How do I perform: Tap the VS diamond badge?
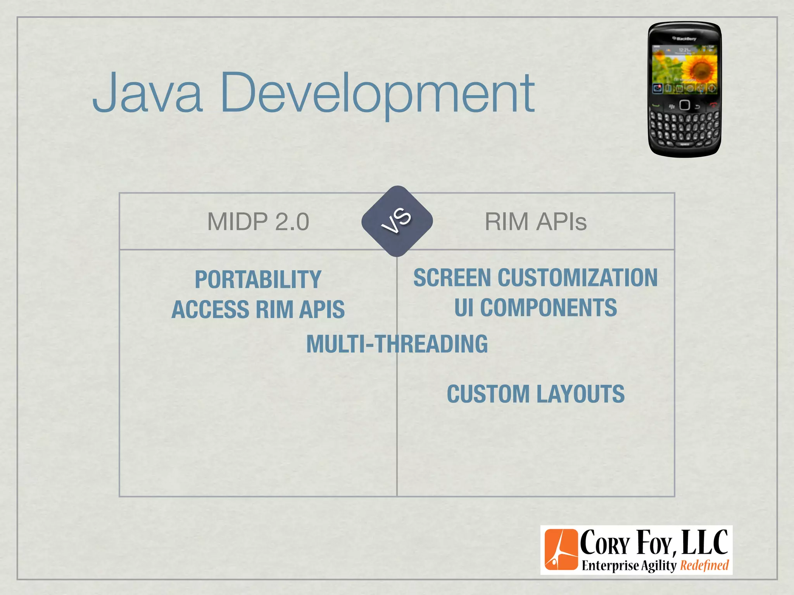(x=397, y=221)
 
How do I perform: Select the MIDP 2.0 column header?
(x=258, y=222)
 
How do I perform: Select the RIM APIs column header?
(x=535, y=222)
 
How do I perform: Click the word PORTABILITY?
(x=258, y=280)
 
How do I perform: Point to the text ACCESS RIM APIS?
(x=258, y=310)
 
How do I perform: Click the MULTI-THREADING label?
(x=397, y=344)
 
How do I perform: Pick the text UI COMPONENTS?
(x=535, y=308)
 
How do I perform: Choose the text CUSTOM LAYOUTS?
(x=535, y=394)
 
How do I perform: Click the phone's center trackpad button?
(x=685, y=105)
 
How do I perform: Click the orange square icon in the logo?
(x=561, y=550)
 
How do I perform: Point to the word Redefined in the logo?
(x=704, y=565)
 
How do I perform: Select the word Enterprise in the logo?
(x=610, y=566)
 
